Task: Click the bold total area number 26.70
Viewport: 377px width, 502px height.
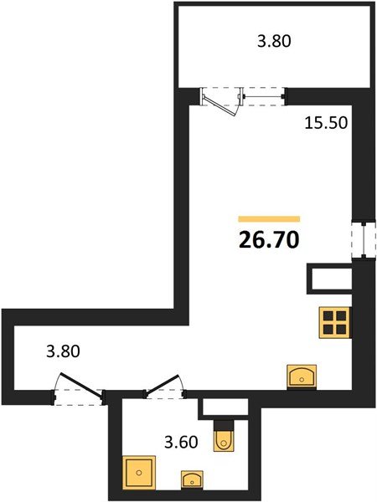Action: [269, 240]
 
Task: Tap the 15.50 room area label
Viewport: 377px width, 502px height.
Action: [326, 123]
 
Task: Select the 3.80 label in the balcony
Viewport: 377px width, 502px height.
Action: [274, 41]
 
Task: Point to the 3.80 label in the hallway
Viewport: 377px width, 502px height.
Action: [63, 351]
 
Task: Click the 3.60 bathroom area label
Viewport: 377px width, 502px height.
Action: [181, 442]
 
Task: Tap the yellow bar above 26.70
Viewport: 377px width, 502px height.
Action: [269, 219]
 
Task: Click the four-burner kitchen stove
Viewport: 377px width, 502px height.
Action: [334, 322]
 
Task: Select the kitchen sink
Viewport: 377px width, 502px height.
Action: [302, 376]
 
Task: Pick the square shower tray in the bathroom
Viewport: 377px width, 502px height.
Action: [139, 473]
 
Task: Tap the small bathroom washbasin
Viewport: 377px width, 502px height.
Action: [192, 479]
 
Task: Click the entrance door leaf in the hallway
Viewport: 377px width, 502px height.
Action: [82, 387]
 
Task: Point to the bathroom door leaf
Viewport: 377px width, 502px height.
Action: [163, 384]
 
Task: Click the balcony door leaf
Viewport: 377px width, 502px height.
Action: [219, 106]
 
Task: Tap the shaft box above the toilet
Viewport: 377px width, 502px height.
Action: [224, 409]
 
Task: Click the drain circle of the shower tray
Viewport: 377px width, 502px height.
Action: [139, 473]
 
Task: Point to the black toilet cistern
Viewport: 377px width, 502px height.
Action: [224, 426]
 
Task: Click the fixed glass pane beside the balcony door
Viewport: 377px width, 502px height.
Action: [262, 96]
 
